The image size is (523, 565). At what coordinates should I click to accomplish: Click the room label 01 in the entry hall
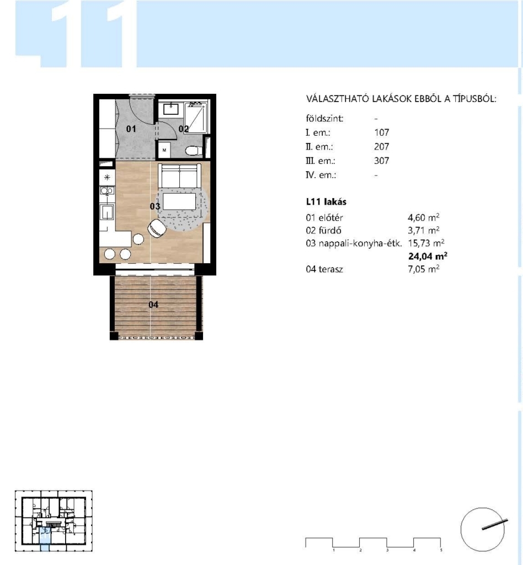pos(131,129)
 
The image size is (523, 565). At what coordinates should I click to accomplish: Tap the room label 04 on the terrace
pos(153,305)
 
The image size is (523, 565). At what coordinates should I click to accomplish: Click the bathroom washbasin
pos(170,109)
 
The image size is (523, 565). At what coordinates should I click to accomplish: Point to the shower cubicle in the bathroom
pos(196,118)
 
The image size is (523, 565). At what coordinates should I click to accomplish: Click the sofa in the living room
pos(179,176)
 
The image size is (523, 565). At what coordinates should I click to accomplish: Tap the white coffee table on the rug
pos(179,201)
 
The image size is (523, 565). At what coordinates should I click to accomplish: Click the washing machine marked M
pos(164,150)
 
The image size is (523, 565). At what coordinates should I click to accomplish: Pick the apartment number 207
pos(381,147)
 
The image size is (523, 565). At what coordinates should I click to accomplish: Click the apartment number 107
pos(381,132)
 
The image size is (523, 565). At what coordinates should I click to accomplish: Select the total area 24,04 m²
pos(428,256)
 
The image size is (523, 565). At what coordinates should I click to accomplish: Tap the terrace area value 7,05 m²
pos(424,269)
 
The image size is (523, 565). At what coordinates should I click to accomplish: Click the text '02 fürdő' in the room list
pos(323,230)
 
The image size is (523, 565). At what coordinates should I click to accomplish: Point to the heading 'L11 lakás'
pos(326,202)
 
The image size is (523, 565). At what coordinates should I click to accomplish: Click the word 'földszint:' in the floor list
pos(324,119)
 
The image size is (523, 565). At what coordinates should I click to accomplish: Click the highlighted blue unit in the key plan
pos(45,539)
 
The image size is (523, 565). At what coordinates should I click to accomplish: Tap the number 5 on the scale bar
pos(441,550)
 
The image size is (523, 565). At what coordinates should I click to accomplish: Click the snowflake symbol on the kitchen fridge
pos(107,177)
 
